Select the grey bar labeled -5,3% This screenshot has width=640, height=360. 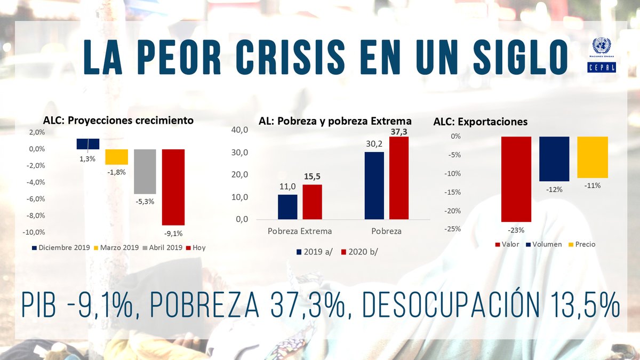pos(145,171)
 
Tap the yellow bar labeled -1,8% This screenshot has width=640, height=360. pos(116,157)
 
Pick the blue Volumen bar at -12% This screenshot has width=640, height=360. pos(554,159)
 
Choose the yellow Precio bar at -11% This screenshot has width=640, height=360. pos(592,157)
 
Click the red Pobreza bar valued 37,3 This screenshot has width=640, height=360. pos(398,178)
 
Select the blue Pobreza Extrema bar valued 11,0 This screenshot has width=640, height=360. pos(287,206)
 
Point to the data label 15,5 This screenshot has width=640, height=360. pos(312,177)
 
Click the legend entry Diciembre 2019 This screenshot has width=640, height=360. pos(59,247)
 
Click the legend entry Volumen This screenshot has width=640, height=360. pos(546,244)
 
